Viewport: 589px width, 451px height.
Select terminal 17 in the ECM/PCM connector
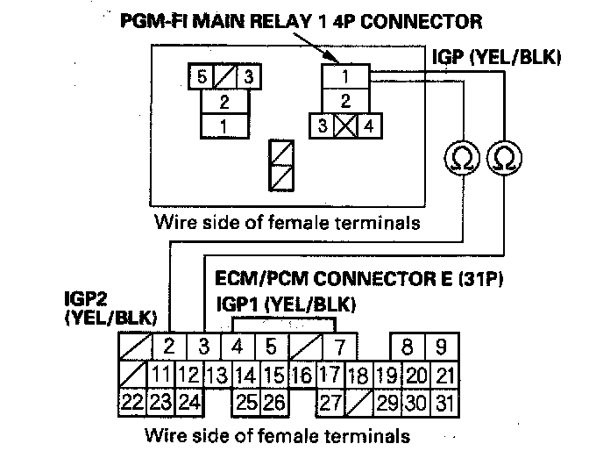pos(328,376)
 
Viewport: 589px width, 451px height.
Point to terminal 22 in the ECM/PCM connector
pos(131,404)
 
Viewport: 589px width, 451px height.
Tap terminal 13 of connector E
pos(216,376)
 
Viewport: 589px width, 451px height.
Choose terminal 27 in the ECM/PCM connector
pos(329,404)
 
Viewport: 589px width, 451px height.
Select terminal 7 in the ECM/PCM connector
pos(340,346)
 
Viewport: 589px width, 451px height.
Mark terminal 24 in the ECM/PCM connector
pos(189,404)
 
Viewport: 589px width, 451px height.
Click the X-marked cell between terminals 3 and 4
pos(345,125)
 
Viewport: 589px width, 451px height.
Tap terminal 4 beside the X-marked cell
pos(369,125)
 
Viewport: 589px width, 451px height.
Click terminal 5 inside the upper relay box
pos(202,76)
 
